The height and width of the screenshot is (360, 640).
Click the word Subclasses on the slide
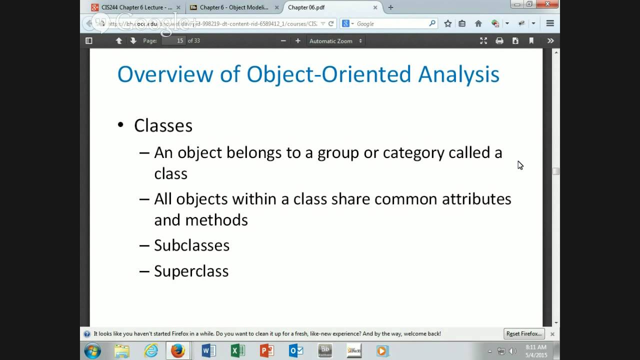(191, 245)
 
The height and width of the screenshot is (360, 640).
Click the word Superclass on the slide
(191, 271)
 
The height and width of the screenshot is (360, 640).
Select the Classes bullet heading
(163, 125)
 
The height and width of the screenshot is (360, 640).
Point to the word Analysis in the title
(458, 74)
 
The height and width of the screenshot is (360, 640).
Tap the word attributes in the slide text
(476, 199)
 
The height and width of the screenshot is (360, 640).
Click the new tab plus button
(390, 7)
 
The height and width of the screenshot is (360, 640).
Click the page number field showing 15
(173, 40)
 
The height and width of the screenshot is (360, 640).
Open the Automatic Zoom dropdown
(335, 41)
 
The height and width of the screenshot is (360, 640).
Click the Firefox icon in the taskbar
(178, 350)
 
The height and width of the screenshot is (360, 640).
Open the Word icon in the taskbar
(208, 350)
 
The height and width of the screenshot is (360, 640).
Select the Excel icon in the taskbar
(237, 350)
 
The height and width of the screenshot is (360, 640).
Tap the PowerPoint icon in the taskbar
(267, 350)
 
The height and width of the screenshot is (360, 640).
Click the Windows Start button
(92, 350)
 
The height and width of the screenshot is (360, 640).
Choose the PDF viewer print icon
(499, 41)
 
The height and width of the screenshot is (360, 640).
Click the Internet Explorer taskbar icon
(150, 350)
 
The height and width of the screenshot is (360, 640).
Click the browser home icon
(478, 23)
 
